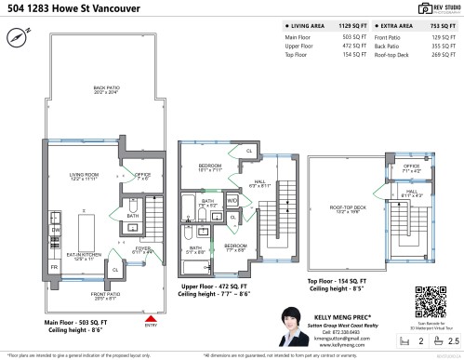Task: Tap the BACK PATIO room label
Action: [106, 89]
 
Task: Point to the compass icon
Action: [18, 38]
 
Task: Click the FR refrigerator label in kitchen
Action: [53, 267]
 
